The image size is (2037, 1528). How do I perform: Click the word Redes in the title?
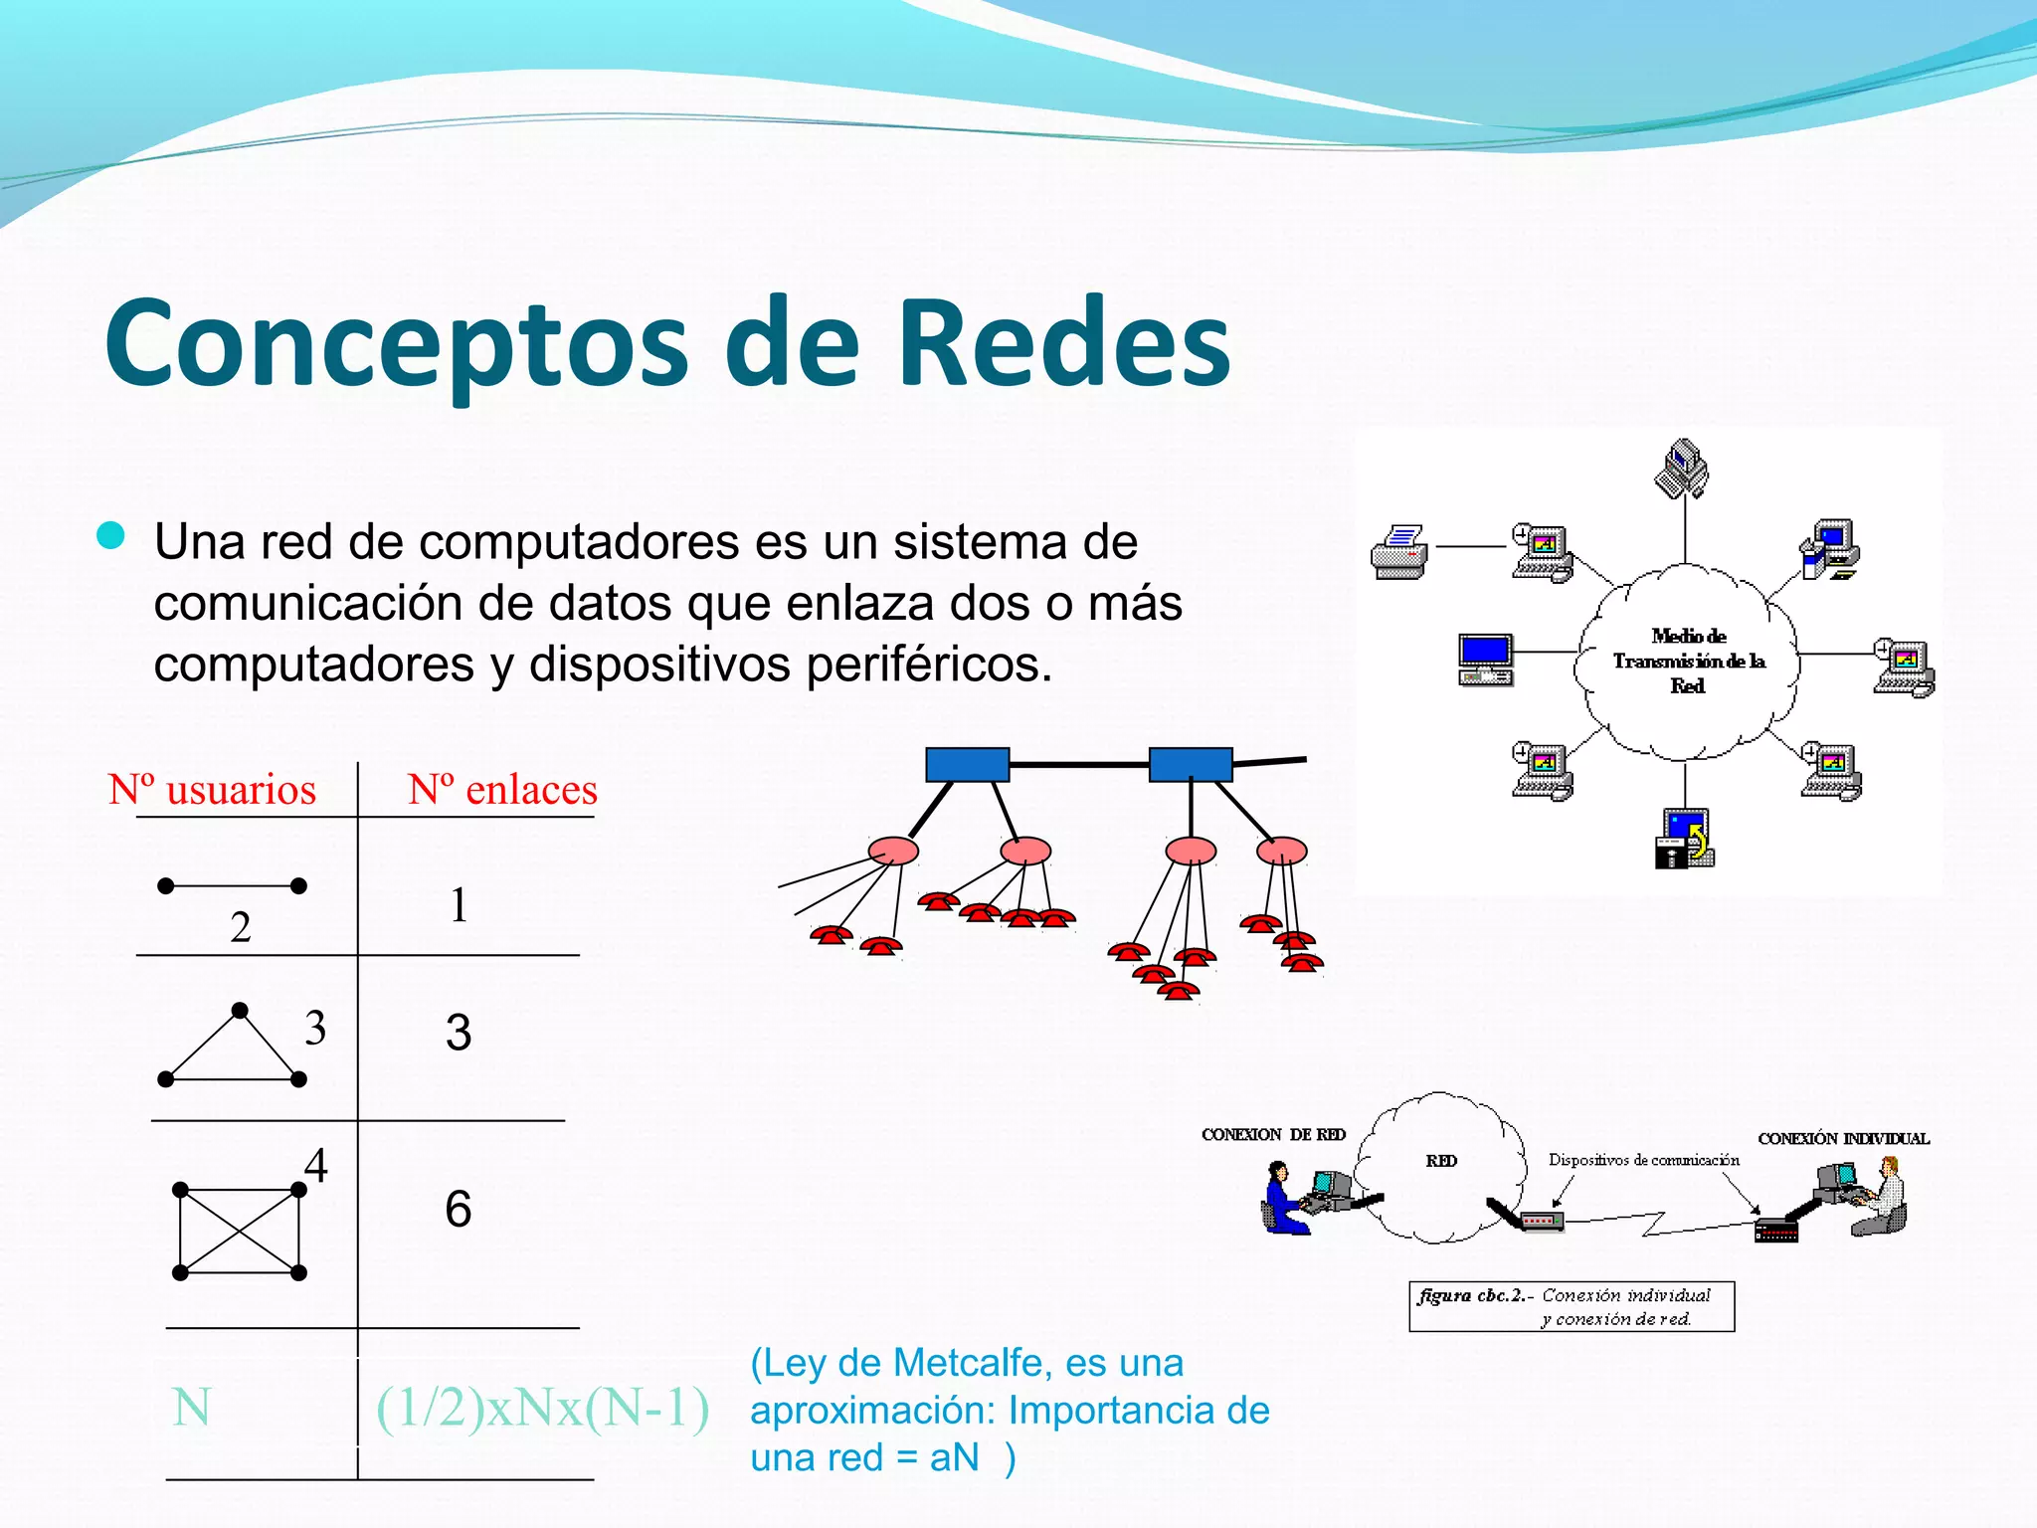[1064, 343]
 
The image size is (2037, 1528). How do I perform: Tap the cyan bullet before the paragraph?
[110, 535]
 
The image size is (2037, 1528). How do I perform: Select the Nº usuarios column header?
[212, 789]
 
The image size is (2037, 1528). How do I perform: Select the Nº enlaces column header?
[502, 789]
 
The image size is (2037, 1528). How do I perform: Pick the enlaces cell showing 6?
[458, 1209]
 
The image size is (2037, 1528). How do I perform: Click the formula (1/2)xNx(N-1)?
[542, 1408]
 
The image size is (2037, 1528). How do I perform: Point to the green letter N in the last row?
[191, 1408]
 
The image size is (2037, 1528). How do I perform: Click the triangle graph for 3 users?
[233, 1050]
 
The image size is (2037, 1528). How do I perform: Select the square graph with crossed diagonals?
[240, 1232]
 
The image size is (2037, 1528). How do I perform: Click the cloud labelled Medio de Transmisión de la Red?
[1687, 661]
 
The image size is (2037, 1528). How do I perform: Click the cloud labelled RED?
[1441, 1164]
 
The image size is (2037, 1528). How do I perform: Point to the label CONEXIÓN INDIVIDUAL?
[1843, 1139]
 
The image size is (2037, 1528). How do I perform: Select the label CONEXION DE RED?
[1273, 1135]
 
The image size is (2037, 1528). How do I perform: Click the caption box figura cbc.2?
[1572, 1306]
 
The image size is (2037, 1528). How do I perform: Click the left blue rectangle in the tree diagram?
[967, 764]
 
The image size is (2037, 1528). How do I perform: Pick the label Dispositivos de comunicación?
[1643, 1160]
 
